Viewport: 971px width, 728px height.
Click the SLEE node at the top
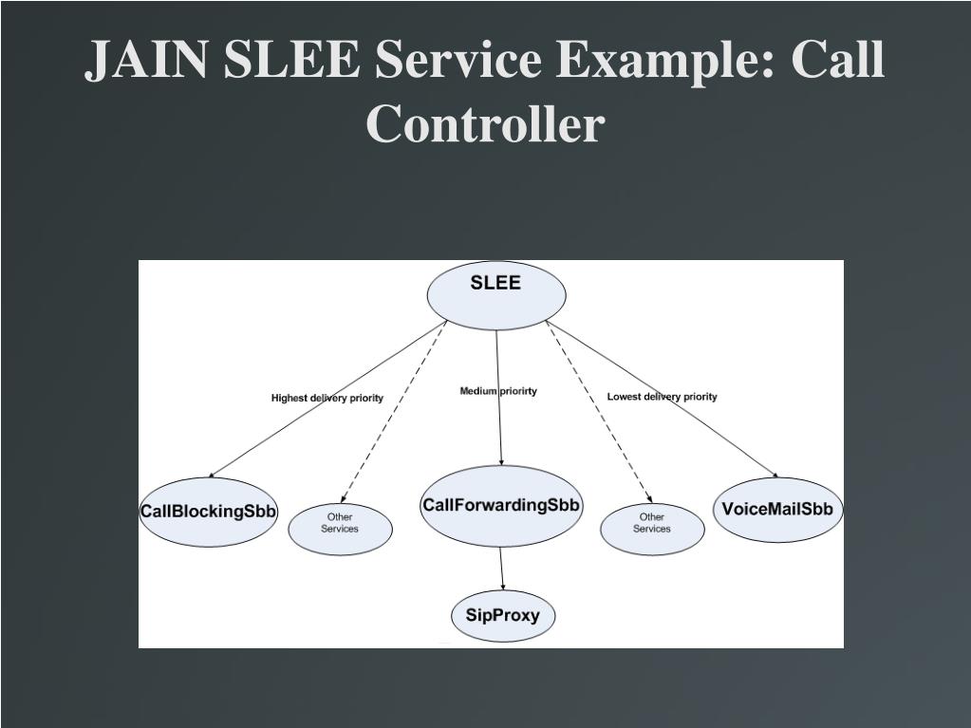[496, 294]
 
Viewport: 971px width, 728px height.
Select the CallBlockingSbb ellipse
[209, 512]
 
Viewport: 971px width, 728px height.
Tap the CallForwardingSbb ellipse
[501, 506]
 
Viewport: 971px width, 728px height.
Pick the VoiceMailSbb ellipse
[777, 510]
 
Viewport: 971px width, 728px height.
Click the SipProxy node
[502, 615]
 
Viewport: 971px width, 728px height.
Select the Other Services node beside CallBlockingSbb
[340, 529]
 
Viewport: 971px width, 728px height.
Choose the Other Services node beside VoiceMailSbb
[652, 529]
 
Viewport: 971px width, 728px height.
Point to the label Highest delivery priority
[327, 398]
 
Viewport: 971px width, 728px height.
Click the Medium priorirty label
[498, 391]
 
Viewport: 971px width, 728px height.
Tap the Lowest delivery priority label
[663, 397]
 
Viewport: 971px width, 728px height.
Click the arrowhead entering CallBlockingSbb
[213, 475]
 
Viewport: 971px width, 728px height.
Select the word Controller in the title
[485, 124]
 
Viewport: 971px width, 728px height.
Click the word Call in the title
[837, 61]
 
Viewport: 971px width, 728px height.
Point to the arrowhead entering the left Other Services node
[344, 500]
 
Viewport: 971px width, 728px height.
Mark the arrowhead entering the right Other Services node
[649, 500]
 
